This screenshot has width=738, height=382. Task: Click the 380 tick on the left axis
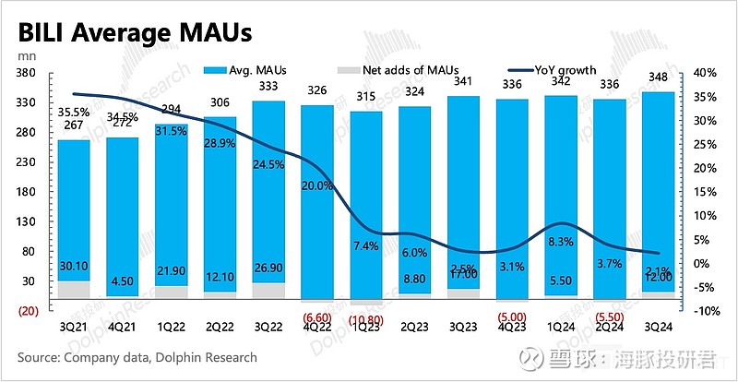(x=26, y=73)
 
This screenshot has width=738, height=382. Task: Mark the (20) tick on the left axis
(x=26, y=311)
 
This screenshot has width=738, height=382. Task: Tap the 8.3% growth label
(x=563, y=241)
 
